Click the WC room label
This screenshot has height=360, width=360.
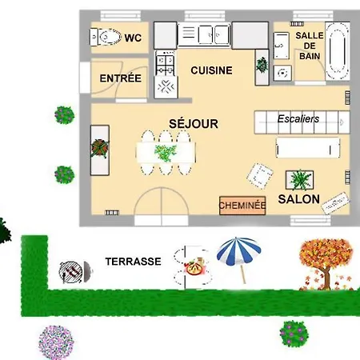133,38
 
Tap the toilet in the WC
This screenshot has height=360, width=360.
105,37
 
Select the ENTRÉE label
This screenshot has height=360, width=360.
121,78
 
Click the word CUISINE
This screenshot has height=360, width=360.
211,70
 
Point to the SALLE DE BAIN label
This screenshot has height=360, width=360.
310,46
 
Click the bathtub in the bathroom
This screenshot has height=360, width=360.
338,51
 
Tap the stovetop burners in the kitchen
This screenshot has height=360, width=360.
166,62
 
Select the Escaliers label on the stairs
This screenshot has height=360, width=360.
298,119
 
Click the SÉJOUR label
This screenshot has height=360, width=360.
194,124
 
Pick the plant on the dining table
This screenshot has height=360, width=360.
166,153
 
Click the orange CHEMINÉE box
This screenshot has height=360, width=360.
242,206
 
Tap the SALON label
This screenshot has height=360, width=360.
298,199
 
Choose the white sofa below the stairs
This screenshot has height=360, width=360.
308,148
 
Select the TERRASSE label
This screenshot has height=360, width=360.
134,262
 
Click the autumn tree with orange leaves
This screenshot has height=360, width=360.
326,264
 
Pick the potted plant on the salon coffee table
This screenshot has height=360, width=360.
300,180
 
